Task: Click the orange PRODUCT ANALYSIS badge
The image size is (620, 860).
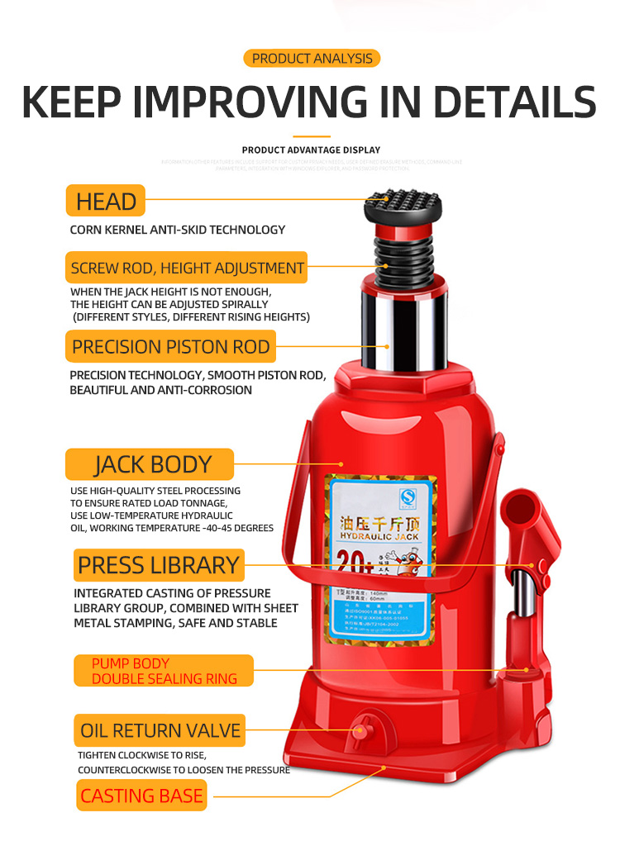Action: tap(312, 59)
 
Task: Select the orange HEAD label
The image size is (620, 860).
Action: tap(106, 201)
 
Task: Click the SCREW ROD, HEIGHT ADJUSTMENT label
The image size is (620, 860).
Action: tap(187, 268)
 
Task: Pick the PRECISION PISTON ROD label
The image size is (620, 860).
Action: tap(170, 347)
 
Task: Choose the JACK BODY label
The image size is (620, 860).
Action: tap(150, 464)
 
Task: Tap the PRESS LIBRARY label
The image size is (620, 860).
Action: tap(158, 565)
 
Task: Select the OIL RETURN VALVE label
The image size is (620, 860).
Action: tap(160, 730)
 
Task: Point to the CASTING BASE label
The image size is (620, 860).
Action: tap(141, 796)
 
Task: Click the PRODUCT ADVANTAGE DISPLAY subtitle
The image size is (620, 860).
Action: tap(311, 150)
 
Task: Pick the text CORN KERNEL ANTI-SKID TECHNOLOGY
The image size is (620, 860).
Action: tap(177, 230)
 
